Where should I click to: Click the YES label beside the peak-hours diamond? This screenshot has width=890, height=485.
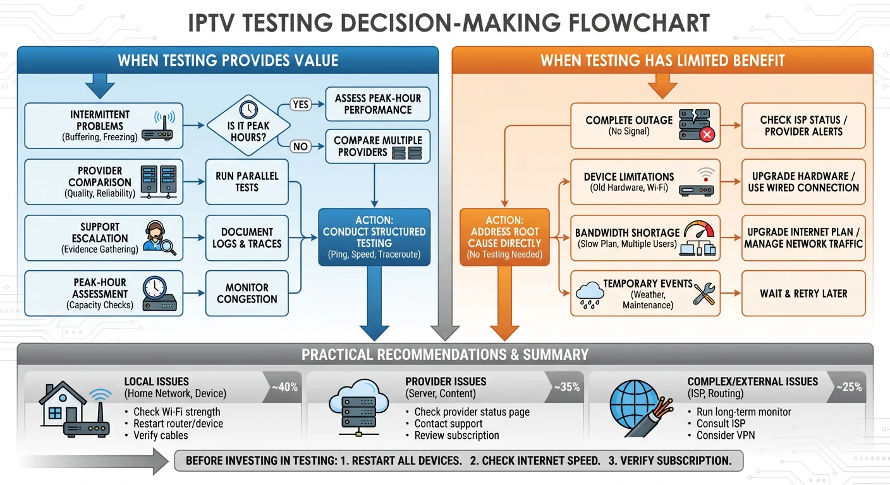(x=301, y=104)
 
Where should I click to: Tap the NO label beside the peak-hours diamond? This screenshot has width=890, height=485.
(x=300, y=147)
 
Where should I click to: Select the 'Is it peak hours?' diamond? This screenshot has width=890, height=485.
(x=249, y=124)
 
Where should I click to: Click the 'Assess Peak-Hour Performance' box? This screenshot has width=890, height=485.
(x=377, y=104)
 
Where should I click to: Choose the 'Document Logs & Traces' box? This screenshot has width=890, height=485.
(x=247, y=237)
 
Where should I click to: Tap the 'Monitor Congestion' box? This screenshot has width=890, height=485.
(x=247, y=293)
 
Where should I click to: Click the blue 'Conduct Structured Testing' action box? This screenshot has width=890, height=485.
(x=374, y=237)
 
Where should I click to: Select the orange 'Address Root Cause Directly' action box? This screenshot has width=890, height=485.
(x=504, y=237)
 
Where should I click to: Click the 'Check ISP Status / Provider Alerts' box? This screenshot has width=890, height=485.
(x=803, y=126)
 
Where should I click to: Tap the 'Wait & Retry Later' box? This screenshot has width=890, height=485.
(x=803, y=294)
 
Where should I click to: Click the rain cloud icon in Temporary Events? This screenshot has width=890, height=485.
(x=590, y=294)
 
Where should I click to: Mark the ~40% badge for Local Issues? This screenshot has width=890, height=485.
(x=283, y=387)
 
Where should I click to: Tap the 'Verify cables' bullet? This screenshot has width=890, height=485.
(x=160, y=435)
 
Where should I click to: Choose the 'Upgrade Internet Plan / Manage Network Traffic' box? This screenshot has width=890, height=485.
(x=803, y=237)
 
